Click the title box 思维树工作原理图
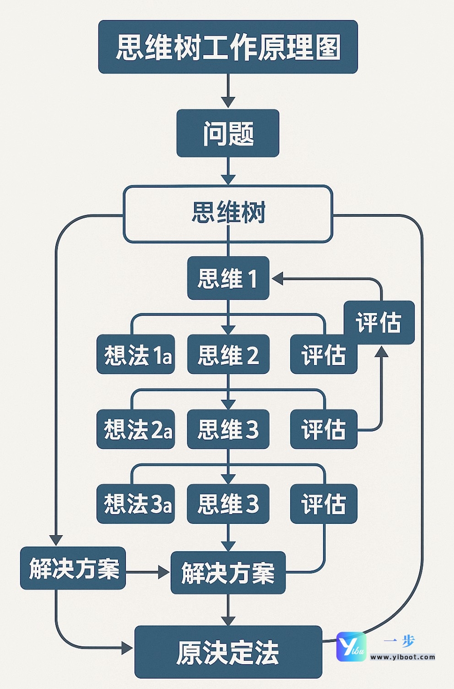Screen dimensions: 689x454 [227, 47]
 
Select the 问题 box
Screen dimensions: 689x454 [227, 133]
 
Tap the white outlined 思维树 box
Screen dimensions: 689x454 [227, 213]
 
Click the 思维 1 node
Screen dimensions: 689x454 [227, 278]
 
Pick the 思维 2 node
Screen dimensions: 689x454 [227, 355]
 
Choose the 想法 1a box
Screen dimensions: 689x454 [135, 355]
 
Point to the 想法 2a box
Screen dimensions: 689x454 [135, 429]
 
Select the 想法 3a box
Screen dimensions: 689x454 [135, 504]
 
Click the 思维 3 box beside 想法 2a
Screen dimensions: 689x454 [227, 429]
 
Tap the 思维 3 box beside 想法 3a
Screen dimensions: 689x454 [227, 504]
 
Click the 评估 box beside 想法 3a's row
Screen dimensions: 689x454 [324, 504]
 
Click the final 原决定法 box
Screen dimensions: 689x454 [227, 652]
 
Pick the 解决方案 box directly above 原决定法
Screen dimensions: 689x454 [227, 573]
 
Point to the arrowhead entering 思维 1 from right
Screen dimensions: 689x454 [277, 278]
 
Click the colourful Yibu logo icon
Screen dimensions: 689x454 [351, 647]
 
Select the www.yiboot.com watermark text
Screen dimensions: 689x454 [403, 657]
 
